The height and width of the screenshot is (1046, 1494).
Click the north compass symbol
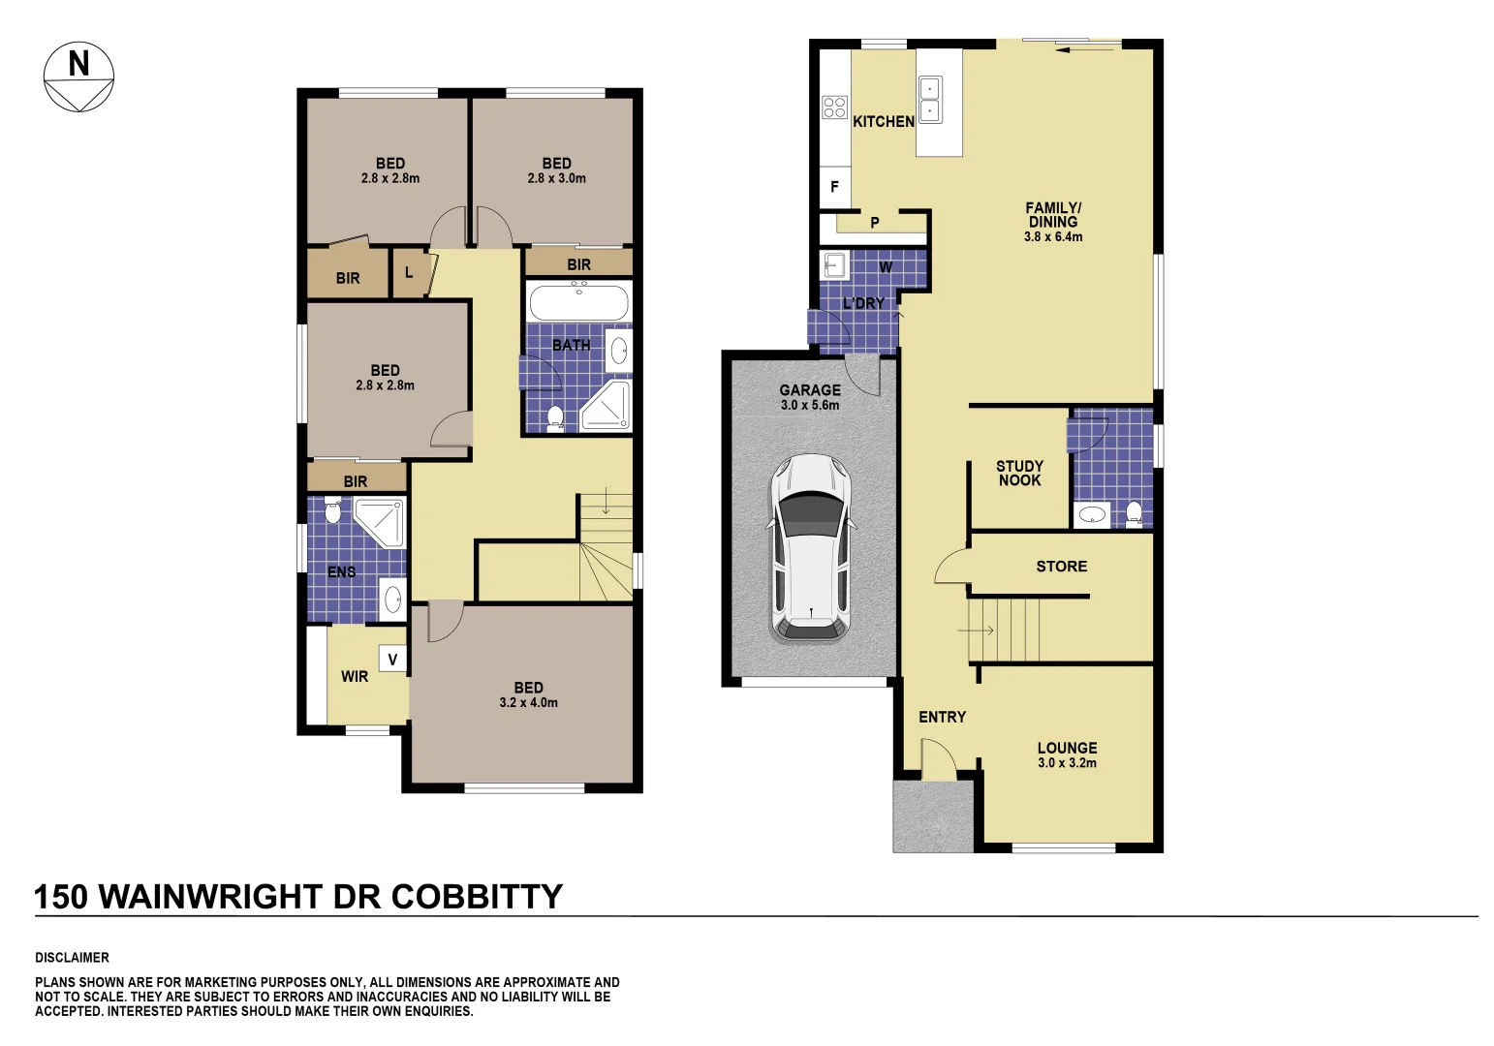tap(78, 77)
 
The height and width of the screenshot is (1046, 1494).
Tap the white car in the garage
tap(811, 548)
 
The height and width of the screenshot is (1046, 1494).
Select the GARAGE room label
tap(810, 390)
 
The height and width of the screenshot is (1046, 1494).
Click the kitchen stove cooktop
tap(834, 108)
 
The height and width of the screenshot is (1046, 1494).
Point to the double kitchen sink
tap(930, 100)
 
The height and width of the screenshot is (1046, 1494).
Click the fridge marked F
tap(834, 187)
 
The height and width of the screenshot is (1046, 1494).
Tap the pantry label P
tap(874, 223)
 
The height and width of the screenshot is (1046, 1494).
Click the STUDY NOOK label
tap(1019, 473)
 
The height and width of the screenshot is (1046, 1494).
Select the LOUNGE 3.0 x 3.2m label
tap(1067, 754)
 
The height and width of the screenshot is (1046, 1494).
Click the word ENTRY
tap(942, 717)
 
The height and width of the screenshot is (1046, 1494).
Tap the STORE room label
tap(1061, 567)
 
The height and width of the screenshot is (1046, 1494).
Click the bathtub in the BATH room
tap(578, 303)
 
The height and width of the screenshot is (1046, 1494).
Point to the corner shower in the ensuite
tap(380, 522)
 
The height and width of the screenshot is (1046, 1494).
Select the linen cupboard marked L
tap(409, 273)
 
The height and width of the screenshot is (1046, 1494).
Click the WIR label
tap(355, 676)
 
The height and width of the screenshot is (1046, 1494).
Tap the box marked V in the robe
tap(392, 660)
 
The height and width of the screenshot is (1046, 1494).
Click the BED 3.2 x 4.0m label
tap(528, 694)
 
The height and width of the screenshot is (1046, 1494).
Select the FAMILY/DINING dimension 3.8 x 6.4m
tap(1053, 236)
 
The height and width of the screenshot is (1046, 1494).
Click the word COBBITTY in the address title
tap(477, 897)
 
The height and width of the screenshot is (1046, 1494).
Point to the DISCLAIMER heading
tap(72, 958)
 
